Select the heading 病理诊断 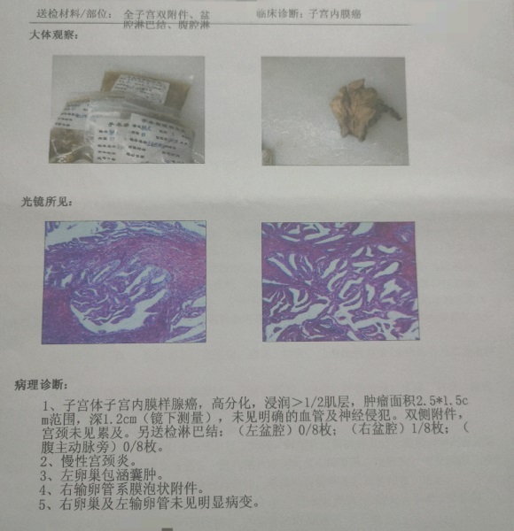pyautogui.click(x=40, y=385)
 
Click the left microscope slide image pyautogui.click(x=125, y=281)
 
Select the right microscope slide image pyautogui.click(x=339, y=281)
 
